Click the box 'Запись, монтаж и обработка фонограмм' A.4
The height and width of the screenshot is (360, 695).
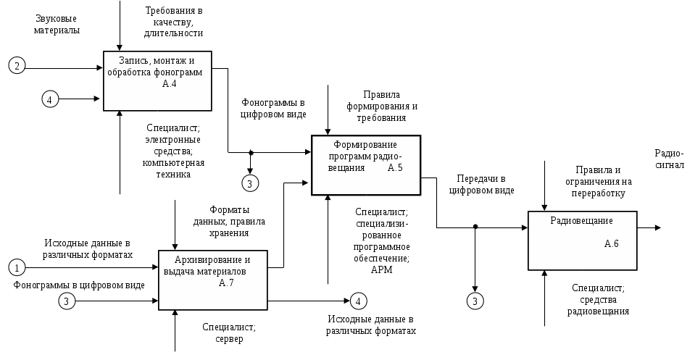coord(157,80)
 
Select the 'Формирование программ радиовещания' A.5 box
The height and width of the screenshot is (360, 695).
coord(366,164)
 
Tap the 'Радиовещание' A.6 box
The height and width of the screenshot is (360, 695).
coord(582,239)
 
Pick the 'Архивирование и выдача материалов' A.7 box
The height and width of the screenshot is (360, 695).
coord(212,280)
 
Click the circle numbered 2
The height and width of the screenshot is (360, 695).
coord(17,66)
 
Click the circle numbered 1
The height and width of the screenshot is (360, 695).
coord(17,268)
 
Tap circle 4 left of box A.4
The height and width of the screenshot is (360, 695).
coord(49,99)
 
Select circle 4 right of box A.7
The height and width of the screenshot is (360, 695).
coord(357,300)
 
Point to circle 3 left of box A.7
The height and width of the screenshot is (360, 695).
coord(67,300)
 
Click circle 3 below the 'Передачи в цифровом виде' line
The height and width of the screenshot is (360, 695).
coord(475,300)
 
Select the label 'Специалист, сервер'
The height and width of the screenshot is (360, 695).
coord(228,333)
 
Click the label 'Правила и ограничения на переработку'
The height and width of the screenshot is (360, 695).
coord(599,181)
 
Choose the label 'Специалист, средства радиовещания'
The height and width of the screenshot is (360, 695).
coord(598,299)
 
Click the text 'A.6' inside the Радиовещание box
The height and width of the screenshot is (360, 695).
coord(611,244)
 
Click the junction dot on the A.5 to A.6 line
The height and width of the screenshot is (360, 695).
coord(475,227)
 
